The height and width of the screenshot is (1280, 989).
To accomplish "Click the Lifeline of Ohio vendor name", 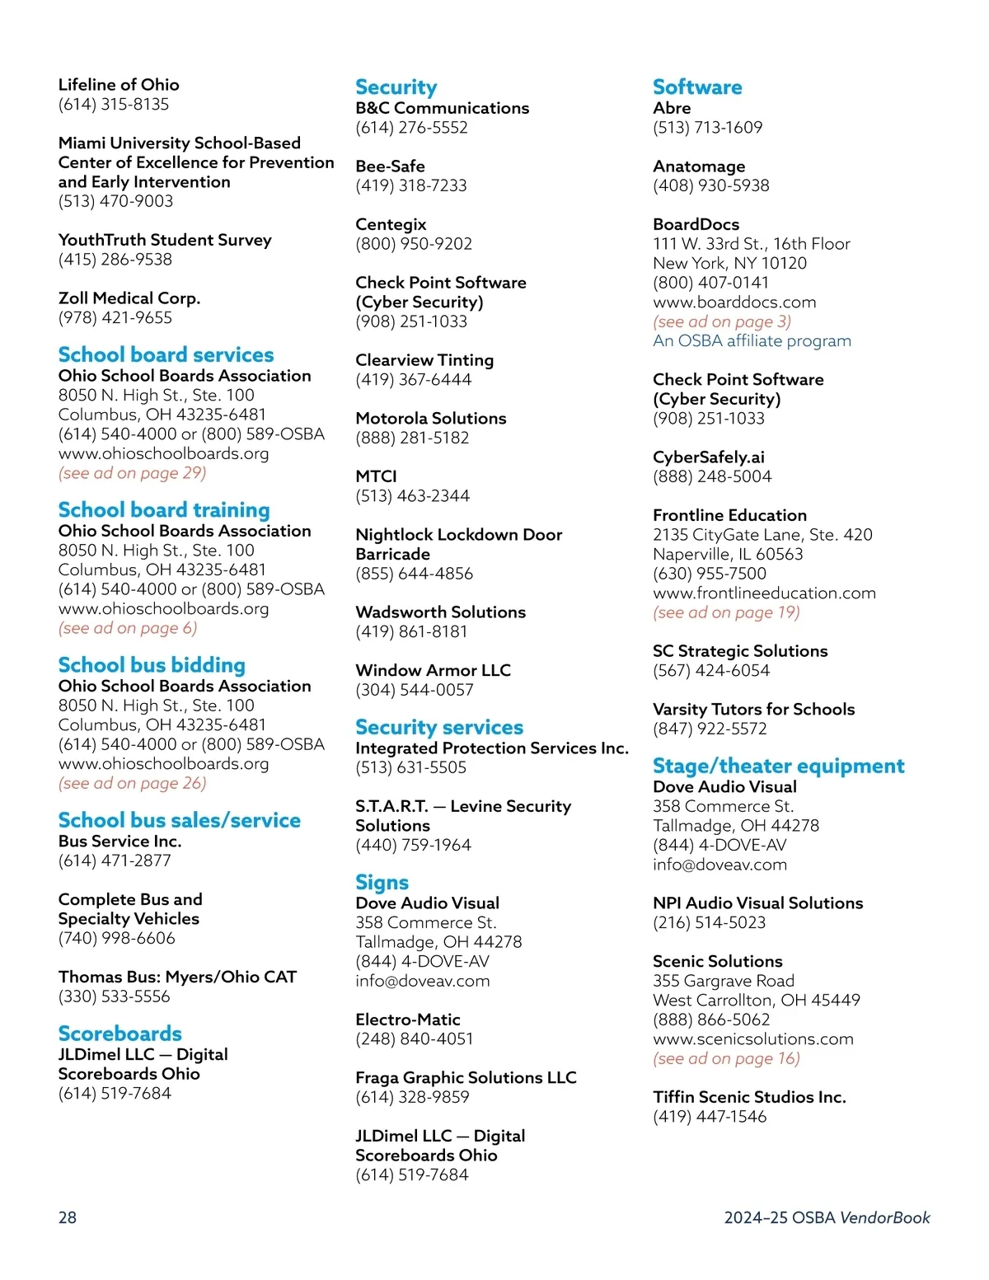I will click(x=119, y=85).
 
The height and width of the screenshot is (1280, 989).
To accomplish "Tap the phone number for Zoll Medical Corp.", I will click(x=115, y=318).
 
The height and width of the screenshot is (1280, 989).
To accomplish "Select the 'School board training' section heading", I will click(x=164, y=510).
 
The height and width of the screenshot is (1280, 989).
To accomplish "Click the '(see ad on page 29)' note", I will click(x=132, y=473).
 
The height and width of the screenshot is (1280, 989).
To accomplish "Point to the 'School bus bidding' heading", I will click(x=152, y=665).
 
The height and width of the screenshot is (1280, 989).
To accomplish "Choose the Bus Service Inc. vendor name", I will click(x=120, y=842).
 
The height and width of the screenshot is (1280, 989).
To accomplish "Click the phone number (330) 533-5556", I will click(x=114, y=996).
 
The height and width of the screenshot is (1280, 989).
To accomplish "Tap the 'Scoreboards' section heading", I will click(x=120, y=1034).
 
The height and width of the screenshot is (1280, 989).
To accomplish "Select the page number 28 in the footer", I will click(x=68, y=1217).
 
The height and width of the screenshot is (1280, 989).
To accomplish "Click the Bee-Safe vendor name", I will click(x=390, y=166).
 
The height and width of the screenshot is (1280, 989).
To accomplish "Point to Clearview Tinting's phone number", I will click(x=413, y=380).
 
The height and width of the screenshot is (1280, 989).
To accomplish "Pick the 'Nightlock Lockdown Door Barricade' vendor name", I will click(x=458, y=544).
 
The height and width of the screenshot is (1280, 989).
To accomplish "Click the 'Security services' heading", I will click(x=439, y=728).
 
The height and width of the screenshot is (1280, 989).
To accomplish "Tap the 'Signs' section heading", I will click(x=382, y=883).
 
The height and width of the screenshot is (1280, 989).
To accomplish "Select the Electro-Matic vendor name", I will click(x=407, y=1020).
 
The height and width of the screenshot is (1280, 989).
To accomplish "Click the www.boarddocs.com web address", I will click(x=734, y=302).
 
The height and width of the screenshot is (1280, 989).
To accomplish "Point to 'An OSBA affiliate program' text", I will click(x=752, y=341).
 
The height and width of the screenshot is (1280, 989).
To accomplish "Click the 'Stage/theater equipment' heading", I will click(x=778, y=767).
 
